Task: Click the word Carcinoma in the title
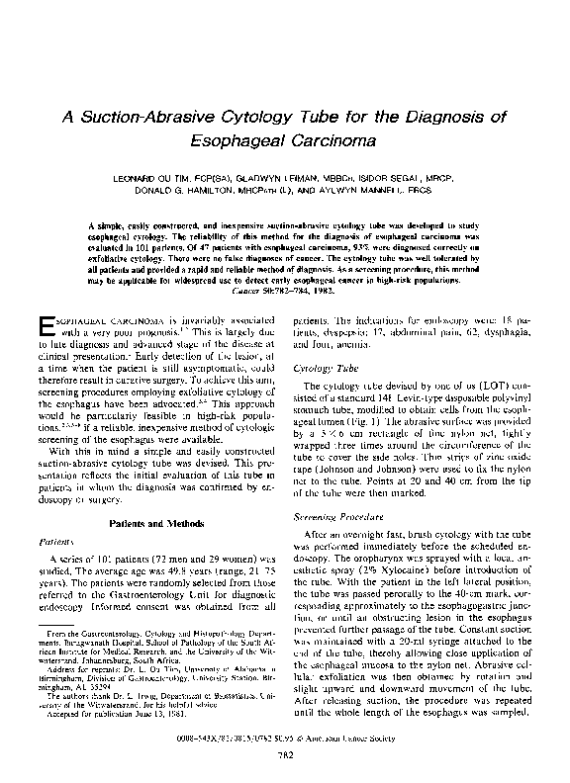pos(327,140)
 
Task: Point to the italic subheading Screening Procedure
pos(333,518)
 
